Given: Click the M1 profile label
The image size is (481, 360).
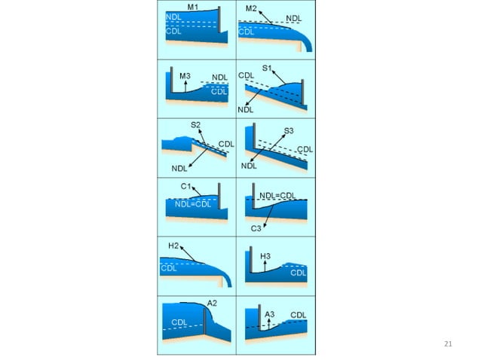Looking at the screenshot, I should point(193,7).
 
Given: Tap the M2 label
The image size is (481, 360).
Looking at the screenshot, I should point(252,8).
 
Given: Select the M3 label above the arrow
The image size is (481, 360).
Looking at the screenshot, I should point(185,75).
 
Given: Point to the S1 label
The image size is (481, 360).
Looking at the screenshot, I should point(268,69).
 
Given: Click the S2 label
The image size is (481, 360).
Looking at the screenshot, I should point(195,125).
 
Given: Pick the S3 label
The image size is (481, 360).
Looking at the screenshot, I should point(289,130).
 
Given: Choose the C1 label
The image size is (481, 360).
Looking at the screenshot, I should point(186,185).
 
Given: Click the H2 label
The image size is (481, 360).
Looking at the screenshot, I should point(173,246).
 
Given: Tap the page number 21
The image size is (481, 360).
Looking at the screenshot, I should point(449,344).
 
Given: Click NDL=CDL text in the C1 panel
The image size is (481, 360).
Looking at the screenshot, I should point(192,203).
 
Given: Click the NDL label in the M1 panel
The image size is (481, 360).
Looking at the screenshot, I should point(173,17).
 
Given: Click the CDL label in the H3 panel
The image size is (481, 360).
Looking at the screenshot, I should point(299,273).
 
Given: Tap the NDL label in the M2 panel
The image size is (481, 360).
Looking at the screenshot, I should point(294,17).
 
